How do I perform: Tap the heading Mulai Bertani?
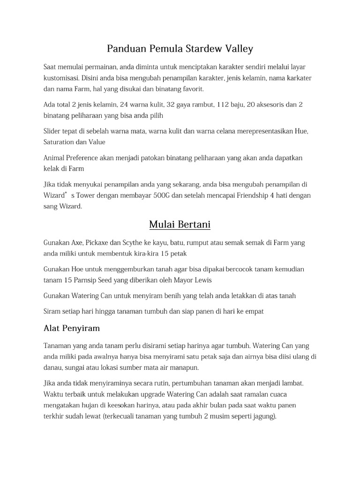180,225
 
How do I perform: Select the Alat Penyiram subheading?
71,328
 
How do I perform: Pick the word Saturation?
60,142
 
